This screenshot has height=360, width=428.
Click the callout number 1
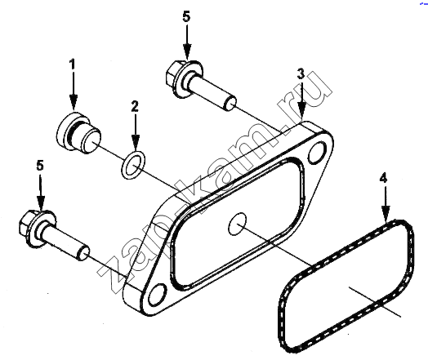(72, 65)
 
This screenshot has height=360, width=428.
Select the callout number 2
(135, 106)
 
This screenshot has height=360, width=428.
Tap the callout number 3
(301, 73)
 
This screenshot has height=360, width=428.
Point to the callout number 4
(383, 178)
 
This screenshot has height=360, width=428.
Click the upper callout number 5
(186, 16)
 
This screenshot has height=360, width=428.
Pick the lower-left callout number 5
(40, 166)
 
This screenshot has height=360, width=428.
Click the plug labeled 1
(78, 131)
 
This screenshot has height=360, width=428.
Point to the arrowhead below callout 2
(136, 143)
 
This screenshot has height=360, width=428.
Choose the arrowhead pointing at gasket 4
(386, 215)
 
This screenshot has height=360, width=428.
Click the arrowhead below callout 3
(302, 111)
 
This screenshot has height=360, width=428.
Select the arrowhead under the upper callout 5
(187, 52)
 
